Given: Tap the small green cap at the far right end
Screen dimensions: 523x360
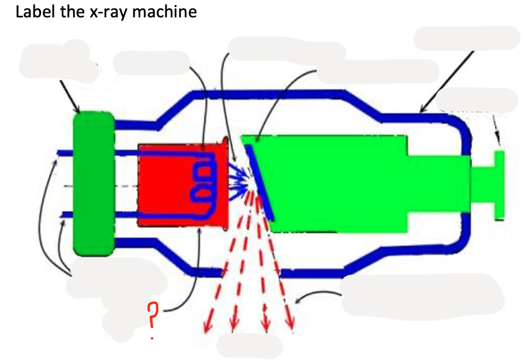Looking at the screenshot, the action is pyautogui.click(x=498, y=185).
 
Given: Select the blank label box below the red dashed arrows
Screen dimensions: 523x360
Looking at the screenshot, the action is pyautogui.click(x=249, y=345).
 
